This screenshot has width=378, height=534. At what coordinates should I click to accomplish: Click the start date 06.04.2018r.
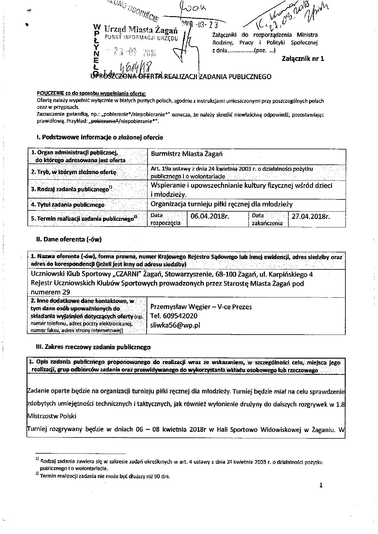209,216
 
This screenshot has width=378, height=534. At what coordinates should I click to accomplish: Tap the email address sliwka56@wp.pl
175,325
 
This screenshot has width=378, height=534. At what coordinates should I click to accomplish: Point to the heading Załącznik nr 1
303,58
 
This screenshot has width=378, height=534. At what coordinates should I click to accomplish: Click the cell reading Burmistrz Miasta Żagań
187,154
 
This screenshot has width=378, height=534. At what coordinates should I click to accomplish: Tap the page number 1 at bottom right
321,485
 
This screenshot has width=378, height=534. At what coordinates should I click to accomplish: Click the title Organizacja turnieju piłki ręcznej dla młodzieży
222,204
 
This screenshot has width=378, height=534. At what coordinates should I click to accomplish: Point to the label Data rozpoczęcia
166,219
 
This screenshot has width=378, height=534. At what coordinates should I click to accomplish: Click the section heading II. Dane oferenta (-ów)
69,239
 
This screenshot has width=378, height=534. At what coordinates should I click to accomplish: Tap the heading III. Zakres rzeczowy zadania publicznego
93,347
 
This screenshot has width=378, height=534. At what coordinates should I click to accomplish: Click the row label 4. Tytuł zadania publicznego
68,205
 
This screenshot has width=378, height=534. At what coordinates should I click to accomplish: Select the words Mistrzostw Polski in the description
52,416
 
